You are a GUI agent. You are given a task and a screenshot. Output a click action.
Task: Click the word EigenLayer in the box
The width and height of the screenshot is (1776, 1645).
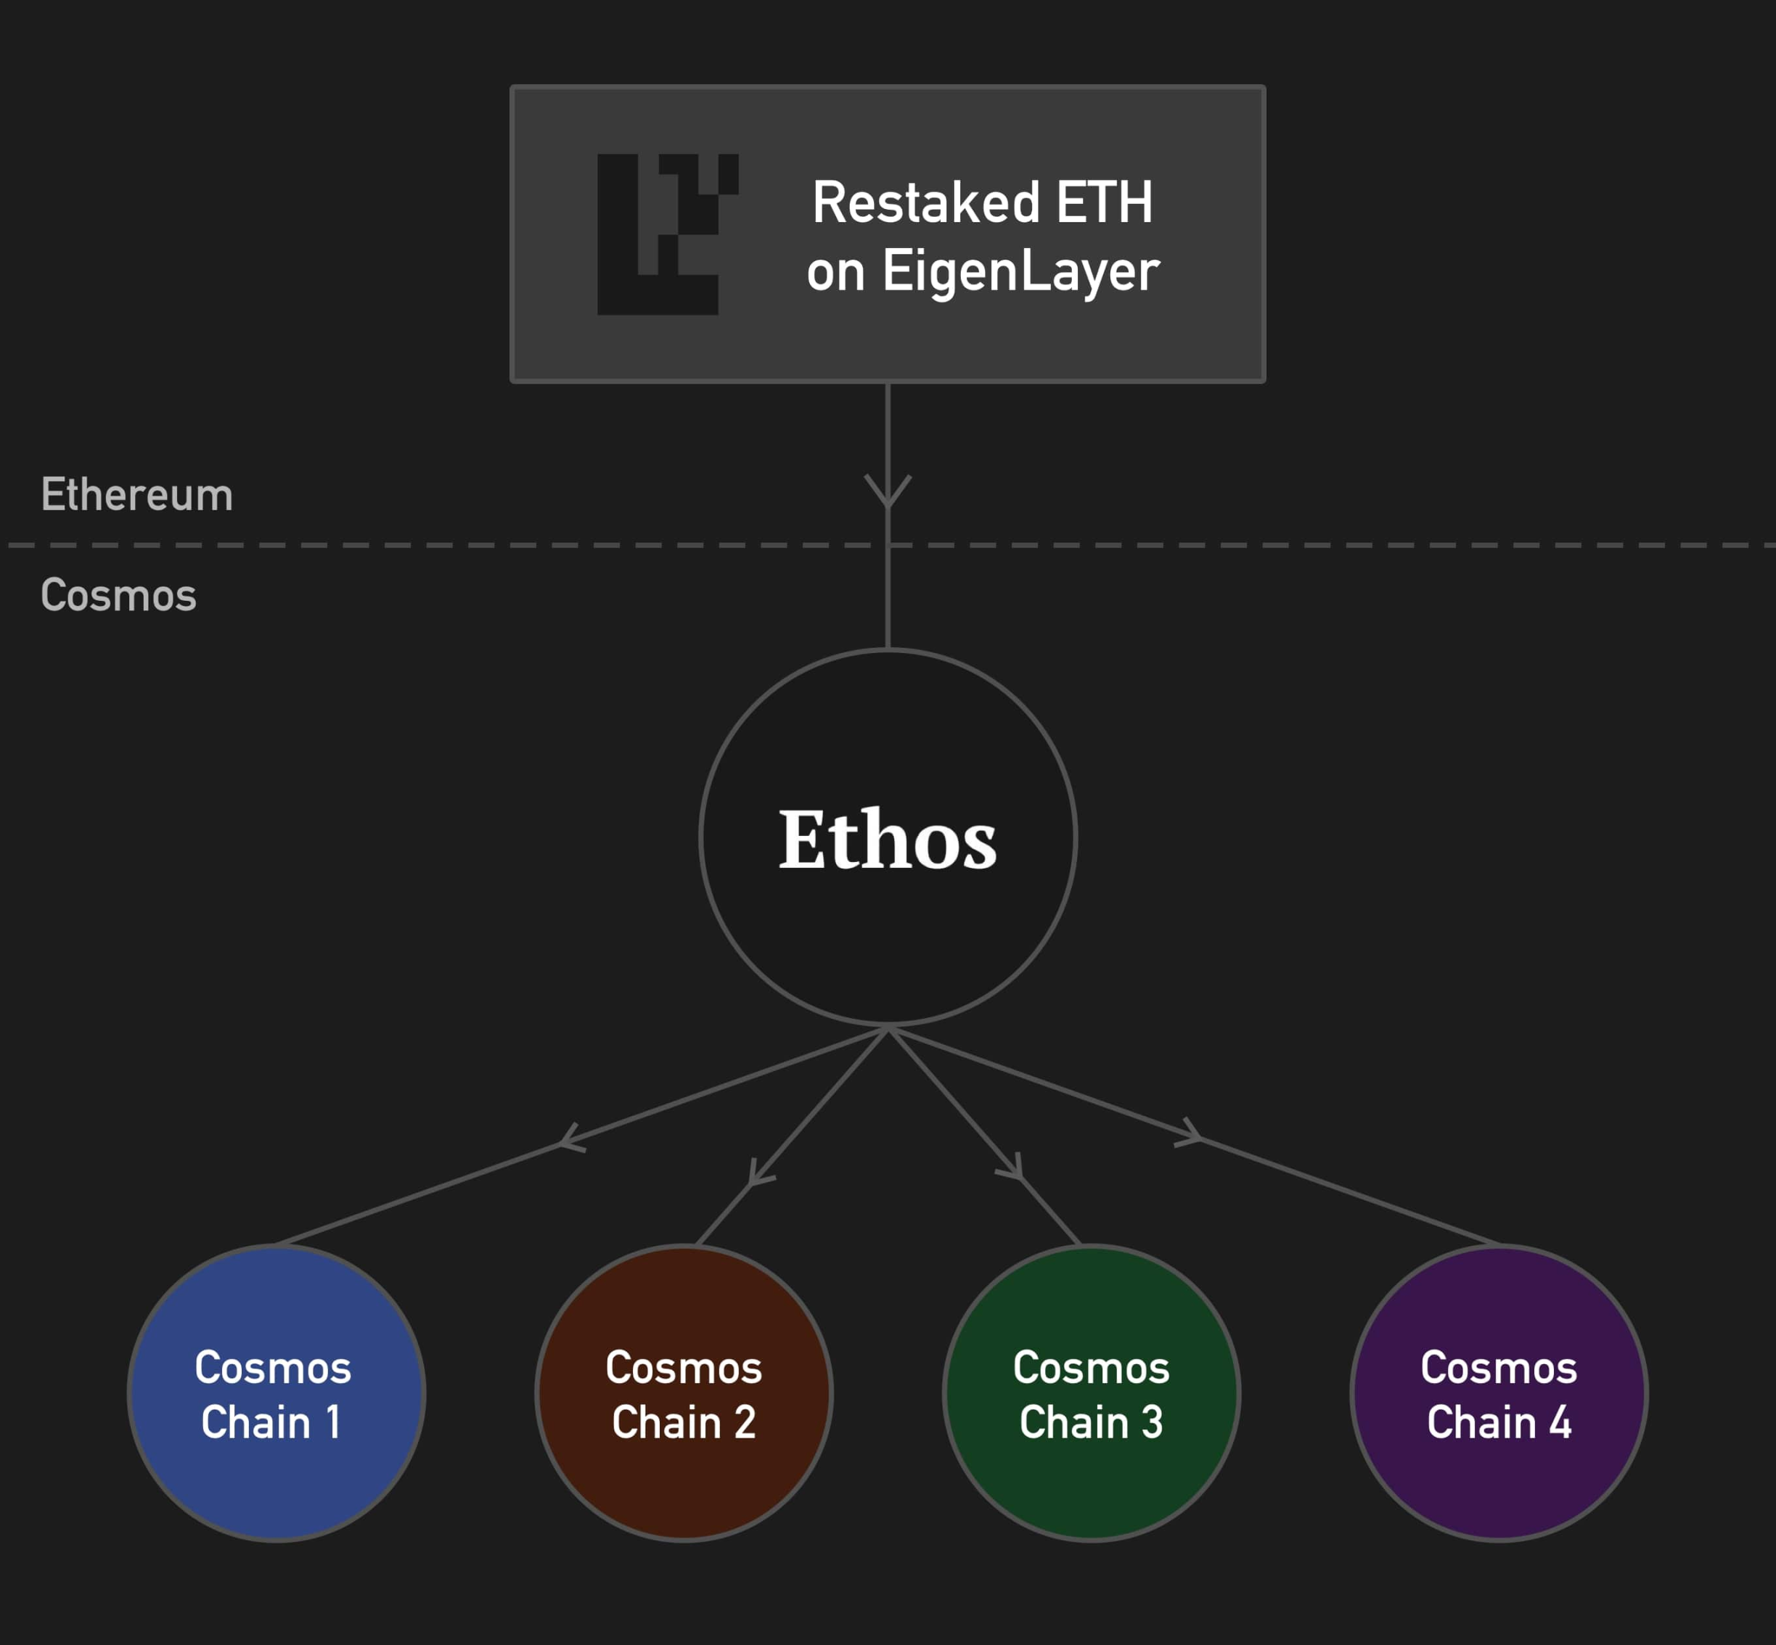click(1021, 271)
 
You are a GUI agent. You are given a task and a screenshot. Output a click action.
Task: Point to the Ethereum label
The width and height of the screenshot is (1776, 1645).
click(137, 495)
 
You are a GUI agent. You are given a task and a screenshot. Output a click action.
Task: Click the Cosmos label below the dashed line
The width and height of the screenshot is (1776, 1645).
click(118, 594)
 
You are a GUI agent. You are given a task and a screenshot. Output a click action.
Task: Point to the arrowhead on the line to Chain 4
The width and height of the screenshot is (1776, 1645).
click(1193, 1134)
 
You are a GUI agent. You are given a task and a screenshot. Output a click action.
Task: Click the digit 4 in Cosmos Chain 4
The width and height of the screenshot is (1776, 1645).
click(1560, 1422)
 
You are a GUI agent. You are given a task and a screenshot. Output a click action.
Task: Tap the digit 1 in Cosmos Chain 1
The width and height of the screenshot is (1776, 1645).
click(333, 1422)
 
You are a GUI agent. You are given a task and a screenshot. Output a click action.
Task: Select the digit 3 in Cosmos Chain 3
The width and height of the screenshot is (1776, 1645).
click(1152, 1422)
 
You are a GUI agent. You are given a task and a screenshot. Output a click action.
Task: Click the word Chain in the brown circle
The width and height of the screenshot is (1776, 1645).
click(666, 1422)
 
